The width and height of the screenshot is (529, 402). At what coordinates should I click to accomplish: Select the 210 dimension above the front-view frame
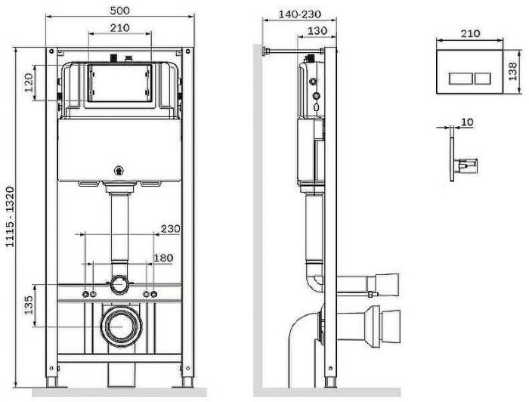point(119,28)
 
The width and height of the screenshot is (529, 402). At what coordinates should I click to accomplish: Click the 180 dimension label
point(163,259)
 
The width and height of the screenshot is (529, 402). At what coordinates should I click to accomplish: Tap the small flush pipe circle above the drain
point(118,286)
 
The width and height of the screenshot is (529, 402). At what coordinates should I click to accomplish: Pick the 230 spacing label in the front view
point(170,229)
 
